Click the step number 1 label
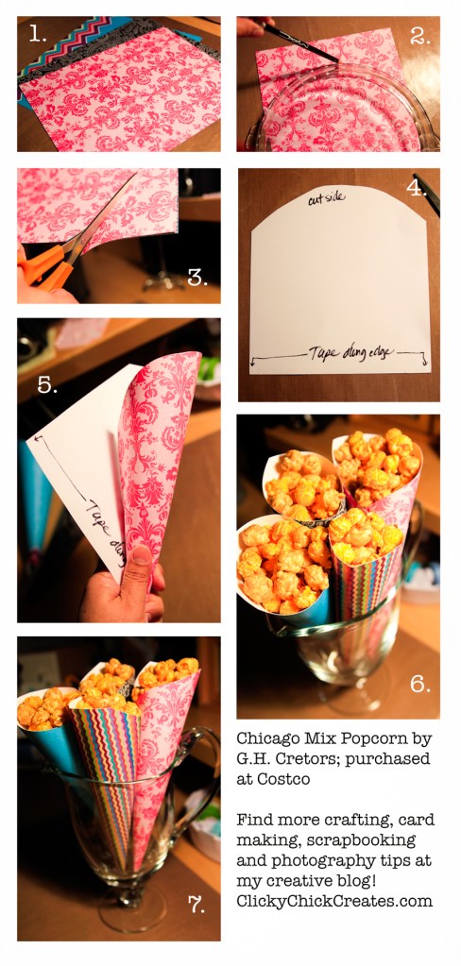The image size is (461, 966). tap(38, 34)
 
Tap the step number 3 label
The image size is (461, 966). tap(196, 277)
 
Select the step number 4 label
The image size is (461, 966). tap(417, 187)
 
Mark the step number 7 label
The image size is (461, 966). tap(196, 905)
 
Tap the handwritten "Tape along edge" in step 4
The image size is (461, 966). tap(341, 352)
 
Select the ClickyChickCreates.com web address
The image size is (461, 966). tap(334, 901)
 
